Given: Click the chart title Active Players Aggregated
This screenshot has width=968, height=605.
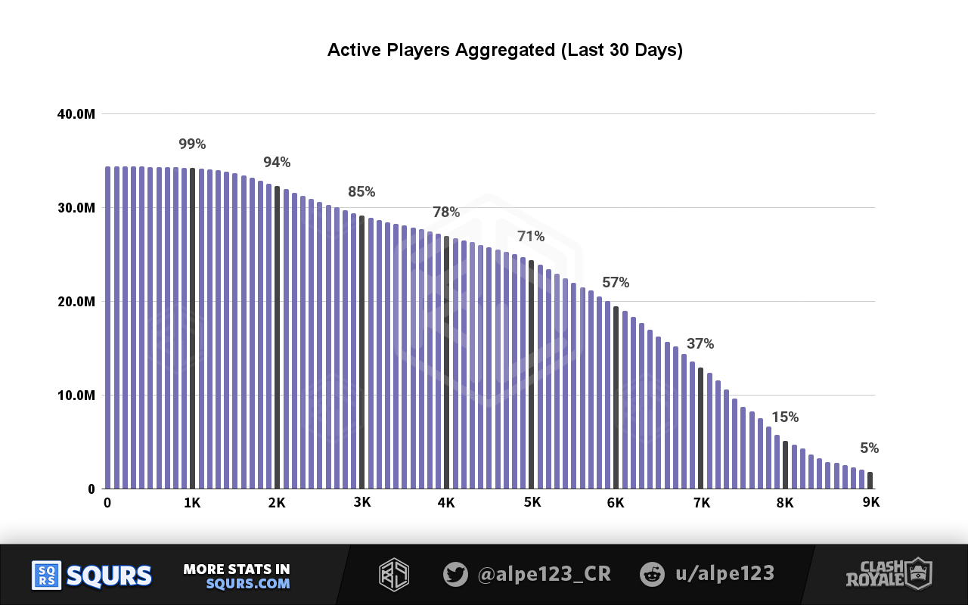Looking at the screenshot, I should pyautogui.click(x=504, y=51).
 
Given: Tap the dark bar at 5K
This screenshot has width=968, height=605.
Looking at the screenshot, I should pyautogui.click(x=531, y=374).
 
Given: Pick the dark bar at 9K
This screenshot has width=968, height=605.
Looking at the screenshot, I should pyautogui.click(x=870, y=480).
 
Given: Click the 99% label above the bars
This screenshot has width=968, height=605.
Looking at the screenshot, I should pyautogui.click(x=192, y=144).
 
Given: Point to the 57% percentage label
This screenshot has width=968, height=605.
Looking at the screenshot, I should pyautogui.click(x=616, y=283).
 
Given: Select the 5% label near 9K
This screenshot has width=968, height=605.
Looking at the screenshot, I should pyautogui.click(x=869, y=448).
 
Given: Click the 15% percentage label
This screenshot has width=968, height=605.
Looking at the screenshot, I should pyautogui.click(x=785, y=417).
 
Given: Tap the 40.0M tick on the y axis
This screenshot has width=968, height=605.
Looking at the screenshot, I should pyautogui.click(x=76, y=114).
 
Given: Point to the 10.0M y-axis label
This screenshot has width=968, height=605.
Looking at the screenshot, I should pyautogui.click(x=76, y=396).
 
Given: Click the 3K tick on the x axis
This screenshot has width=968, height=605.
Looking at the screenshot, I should pyautogui.click(x=362, y=503).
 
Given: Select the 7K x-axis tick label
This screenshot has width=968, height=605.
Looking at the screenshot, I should pyautogui.click(x=701, y=503).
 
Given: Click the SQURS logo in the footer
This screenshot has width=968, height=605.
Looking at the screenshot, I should pyautogui.click(x=92, y=576).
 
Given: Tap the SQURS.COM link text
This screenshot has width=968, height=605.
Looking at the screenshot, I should pyautogui.click(x=247, y=584).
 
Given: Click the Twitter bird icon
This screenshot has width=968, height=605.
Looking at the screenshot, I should pyautogui.click(x=455, y=574).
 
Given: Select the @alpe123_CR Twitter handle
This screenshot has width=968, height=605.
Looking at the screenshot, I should pyautogui.click(x=544, y=574).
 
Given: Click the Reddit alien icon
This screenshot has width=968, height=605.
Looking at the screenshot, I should pyautogui.click(x=651, y=574).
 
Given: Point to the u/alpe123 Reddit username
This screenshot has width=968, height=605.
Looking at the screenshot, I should pyautogui.click(x=724, y=574).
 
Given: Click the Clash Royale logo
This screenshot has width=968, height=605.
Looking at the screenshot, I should pyautogui.click(x=896, y=574).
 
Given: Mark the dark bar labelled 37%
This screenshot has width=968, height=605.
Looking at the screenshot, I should pyautogui.click(x=700, y=427).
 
